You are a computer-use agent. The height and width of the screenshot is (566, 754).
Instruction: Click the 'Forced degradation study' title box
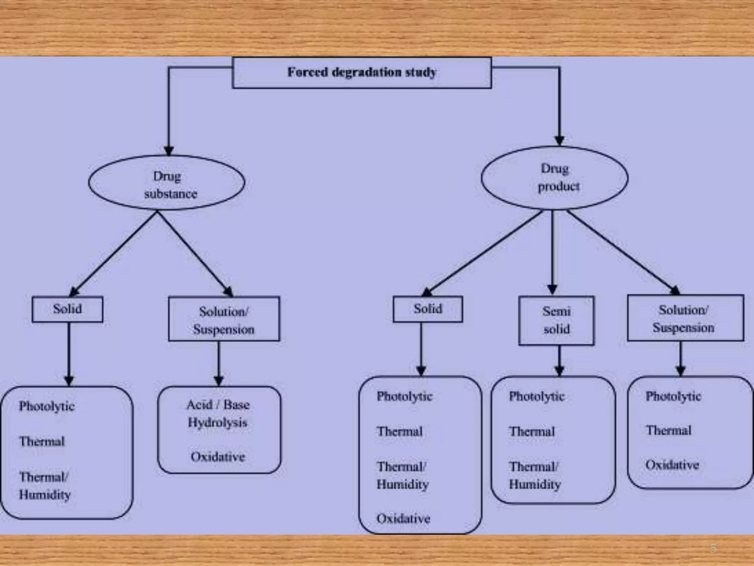click(362, 73)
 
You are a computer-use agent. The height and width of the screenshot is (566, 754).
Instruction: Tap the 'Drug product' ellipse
click(555, 178)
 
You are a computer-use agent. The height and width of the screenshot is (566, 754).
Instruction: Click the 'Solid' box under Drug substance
click(67, 309)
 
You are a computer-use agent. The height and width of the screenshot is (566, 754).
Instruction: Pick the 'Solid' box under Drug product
click(428, 309)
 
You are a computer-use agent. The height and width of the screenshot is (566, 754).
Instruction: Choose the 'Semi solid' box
click(556, 320)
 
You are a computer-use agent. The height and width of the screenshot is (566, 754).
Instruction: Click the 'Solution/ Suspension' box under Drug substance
click(224, 319)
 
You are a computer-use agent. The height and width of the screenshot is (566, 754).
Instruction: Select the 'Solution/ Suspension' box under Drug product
click(685, 318)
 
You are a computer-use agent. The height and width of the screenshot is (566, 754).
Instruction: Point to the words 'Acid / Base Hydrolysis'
click(218, 413)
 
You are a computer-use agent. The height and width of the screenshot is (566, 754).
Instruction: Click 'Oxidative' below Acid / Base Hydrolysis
click(218, 457)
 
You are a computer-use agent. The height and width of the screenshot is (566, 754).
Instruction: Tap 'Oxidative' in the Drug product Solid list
click(403, 518)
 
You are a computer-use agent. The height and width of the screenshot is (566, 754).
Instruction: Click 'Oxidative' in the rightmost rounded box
click(672, 465)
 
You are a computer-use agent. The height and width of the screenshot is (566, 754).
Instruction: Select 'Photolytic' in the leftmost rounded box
click(47, 406)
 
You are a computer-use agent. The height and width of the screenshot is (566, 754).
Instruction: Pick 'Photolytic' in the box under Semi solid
click(536, 396)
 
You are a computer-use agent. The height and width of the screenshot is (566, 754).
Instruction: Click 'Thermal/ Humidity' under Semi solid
click(535, 475)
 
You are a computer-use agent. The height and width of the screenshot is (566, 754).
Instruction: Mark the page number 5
click(713, 549)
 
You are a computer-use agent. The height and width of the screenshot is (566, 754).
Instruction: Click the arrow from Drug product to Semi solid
click(552, 254)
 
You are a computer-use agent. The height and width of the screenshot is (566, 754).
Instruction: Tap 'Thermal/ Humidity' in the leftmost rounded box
click(45, 486)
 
